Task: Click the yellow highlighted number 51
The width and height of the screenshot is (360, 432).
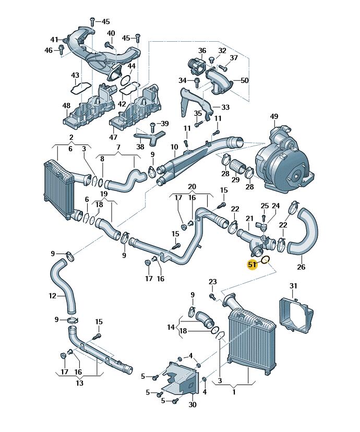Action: click(x=252, y=265)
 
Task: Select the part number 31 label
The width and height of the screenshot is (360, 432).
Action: click(x=293, y=285)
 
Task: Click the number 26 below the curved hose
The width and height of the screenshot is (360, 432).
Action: click(x=301, y=268)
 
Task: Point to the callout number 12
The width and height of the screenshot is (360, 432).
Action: click(x=52, y=296)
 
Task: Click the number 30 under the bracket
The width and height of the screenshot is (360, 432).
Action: click(x=193, y=404)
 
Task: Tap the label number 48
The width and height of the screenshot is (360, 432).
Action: click(x=66, y=106)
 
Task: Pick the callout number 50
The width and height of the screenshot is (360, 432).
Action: click(x=245, y=80)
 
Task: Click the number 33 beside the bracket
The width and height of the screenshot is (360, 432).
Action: click(x=225, y=107)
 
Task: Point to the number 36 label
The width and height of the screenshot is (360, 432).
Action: click(x=202, y=51)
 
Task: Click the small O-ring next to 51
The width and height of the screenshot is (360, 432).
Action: click(x=265, y=259)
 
